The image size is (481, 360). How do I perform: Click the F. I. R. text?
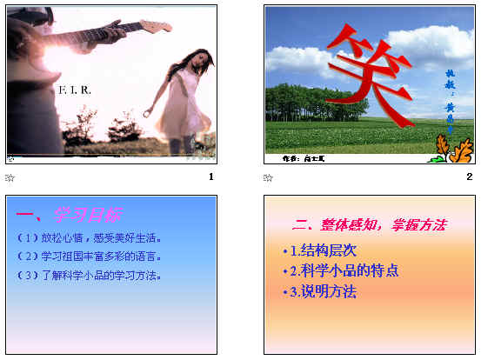pos(75,90)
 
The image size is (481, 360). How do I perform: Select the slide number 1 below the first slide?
pos(211,177)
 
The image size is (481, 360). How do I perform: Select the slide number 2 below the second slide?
pos(470,177)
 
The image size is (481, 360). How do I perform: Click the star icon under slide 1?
pos(10,178)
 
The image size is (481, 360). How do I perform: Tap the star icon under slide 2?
pos(268,178)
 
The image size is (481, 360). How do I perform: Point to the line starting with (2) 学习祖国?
pos(97,257)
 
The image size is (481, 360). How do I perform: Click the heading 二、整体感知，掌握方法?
pos(370,224)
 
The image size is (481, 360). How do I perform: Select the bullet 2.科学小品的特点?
pos(343,270)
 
